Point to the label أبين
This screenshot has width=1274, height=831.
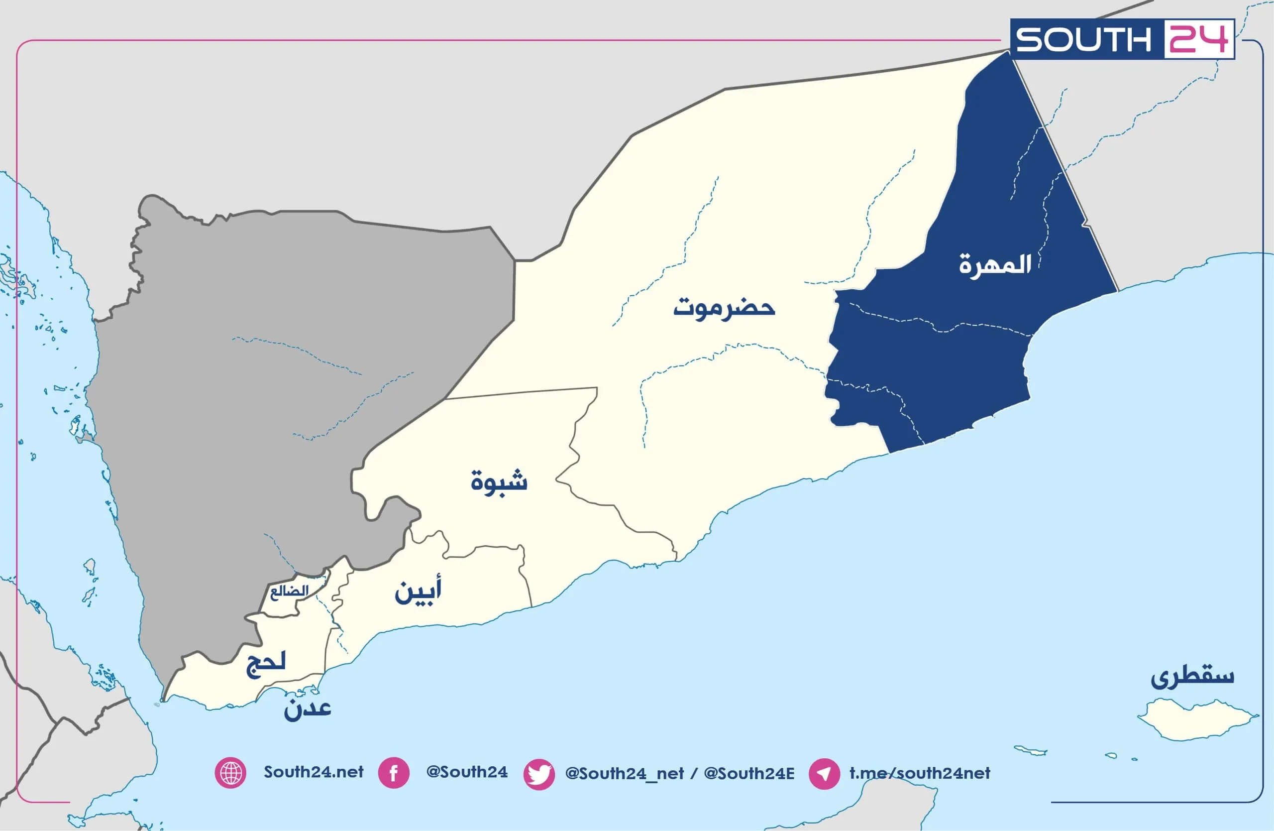pyautogui.click(x=418, y=591)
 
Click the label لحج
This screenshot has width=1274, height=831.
pyautogui.click(x=266, y=664)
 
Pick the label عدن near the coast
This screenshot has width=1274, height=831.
pyautogui.click(x=307, y=709)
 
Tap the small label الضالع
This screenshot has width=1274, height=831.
pyautogui.click(x=289, y=592)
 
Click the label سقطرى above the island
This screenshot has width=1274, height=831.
pyautogui.click(x=1193, y=676)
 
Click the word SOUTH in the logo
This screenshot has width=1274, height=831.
pyautogui.click(x=1083, y=40)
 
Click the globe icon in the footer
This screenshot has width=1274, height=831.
pyautogui.click(x=231, y=773)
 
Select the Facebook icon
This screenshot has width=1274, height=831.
pyautogui.click(x=394, y=773)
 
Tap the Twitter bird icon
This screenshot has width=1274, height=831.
pyautogui.click(x=538, y=774)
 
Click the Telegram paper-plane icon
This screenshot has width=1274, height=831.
pyautogui.click(x=824, y=774)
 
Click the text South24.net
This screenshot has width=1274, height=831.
pyautogui.click(x=314, y=772)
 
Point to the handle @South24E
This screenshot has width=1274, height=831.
pyautogui.click(x=749, y=774)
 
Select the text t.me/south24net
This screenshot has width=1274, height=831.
pyautogui.click(x=920, y=773)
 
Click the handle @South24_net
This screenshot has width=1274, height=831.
pyautogui.click(x=624, y=774)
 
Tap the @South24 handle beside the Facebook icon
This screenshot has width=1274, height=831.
pyautogui.click(x=467, y=772)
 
